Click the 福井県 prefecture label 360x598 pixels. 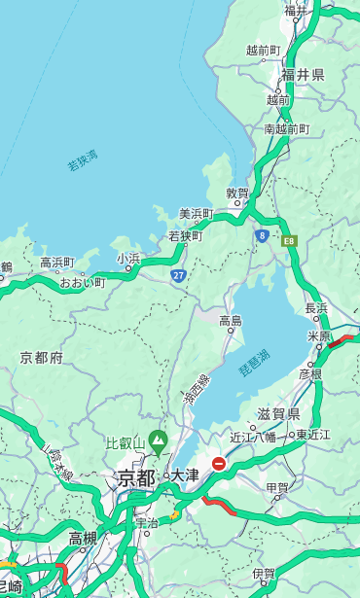pyautogui.click(x=303, y=75)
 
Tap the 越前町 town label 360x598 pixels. pyautogui.click(x=263, y=50)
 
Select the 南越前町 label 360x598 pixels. pyautogui.click(x=286, y=128)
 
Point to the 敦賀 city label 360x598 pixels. pyautogui.click(x=237, y=193)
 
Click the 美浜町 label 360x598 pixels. pyautogui.click(x=196, y=214)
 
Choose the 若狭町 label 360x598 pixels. pyautogui.click(x=185, y=235)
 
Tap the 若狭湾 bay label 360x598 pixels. pyautogui.click(x=82, y=161)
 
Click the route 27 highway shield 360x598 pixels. pyautogui.click(x=179, y=275)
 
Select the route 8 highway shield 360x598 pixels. pyautogui.click(x=262, y=235)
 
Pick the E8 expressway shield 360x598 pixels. pyautogui.click(x=289, y=239)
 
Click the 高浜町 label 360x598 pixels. pyautogui.click(x=56, y=263)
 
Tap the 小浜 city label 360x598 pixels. pyautogui.click(x=128, y=258)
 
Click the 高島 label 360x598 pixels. pyautogui.click(x=231, y=321)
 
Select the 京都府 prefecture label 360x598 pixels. pyautogui.click(x=41, y=358)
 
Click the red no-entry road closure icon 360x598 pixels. pyautogui.click(x=220, y=465)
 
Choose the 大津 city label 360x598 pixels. pyautogui.click(x=184, y=475)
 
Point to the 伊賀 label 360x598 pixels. pyautogui.click(x=263, y=574)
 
